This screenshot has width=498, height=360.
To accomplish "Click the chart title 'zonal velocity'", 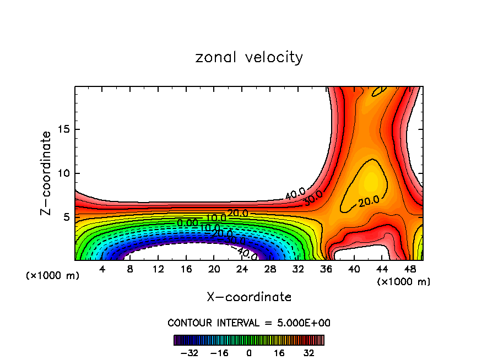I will (x=249, y=57).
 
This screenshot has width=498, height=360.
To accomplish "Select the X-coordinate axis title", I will (x=249, y=297).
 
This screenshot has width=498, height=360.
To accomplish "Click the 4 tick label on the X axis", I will (x=102, y=270).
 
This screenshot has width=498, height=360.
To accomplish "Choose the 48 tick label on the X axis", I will (x=409, y=270).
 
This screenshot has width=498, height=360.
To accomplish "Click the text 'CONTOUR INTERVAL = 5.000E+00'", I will (x=249, y=323).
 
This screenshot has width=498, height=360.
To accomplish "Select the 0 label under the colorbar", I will (x=249, y=353).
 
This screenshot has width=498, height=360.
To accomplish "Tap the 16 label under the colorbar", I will (x=279, y=353).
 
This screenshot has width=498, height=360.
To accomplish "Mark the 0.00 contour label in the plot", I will (x=187, y=223).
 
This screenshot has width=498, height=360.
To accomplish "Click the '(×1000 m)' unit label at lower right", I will (x=404, y=282).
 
